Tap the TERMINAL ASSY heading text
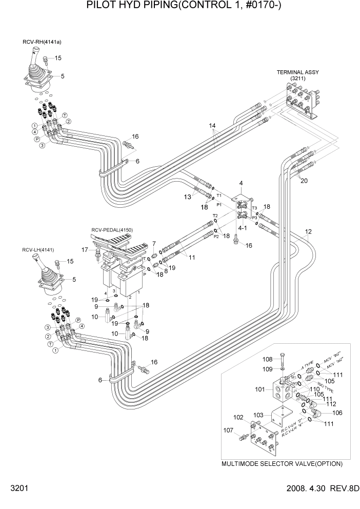point(298,72)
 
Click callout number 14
point(213,125)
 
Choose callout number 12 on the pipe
point(308,231)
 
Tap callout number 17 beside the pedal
point(85,250)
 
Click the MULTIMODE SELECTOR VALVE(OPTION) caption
point(282,463)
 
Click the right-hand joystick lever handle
point(36,54)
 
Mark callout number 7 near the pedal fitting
point(153,243)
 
